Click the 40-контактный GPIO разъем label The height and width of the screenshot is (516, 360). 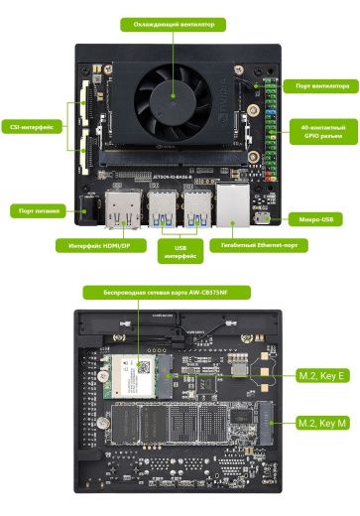pos(323,132)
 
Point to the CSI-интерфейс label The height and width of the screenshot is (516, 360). pos(33,126)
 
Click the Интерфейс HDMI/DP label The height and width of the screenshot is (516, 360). pos(99,244)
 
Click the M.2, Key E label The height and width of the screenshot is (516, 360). pos(322,377)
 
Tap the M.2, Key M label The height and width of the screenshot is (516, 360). pos(322,424)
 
